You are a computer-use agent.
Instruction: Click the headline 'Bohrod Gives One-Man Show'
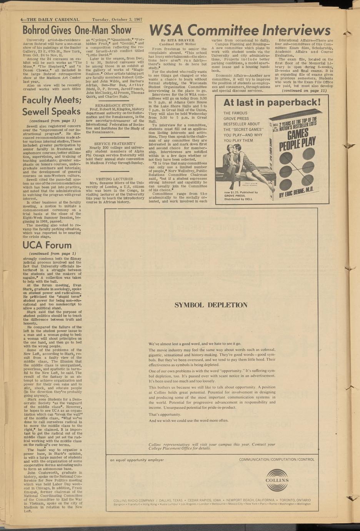point(77,30)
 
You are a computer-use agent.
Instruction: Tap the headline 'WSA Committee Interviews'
point(239,30)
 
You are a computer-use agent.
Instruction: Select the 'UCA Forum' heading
point(47,245)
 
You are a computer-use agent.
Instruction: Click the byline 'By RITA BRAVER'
point(177,40)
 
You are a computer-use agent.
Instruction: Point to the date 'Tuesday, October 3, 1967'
point(117,20)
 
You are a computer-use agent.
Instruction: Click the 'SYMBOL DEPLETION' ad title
point(211,305)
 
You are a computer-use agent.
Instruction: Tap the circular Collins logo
point(277,480)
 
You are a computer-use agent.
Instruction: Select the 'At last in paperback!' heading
point(272,102)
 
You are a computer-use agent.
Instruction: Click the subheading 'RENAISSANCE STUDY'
point(114,105)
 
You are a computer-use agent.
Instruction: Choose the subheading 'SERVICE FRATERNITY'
point(114,144)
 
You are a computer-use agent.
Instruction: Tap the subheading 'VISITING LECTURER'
point(114,179)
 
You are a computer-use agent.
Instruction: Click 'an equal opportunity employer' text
point(137,460)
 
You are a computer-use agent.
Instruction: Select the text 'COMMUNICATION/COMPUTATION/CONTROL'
point(277,459)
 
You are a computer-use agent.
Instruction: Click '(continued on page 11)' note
point(304,91)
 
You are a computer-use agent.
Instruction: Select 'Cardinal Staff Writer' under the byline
point(177,44)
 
